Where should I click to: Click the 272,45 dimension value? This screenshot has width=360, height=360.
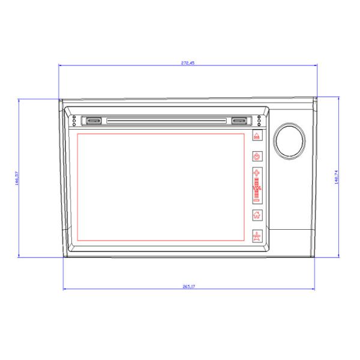[187, 63]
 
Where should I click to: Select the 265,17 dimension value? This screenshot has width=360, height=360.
[187, 287]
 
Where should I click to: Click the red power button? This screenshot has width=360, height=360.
[257, 156]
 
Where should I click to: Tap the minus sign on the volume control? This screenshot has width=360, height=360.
[257, 200]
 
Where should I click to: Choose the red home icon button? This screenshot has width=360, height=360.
[257, 215]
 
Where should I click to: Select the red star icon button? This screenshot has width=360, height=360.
[257, 235]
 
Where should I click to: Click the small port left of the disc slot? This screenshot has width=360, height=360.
[92, 121]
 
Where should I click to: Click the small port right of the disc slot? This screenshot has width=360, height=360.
[240, 121]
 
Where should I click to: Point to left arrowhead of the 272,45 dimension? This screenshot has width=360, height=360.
[60, 65]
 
